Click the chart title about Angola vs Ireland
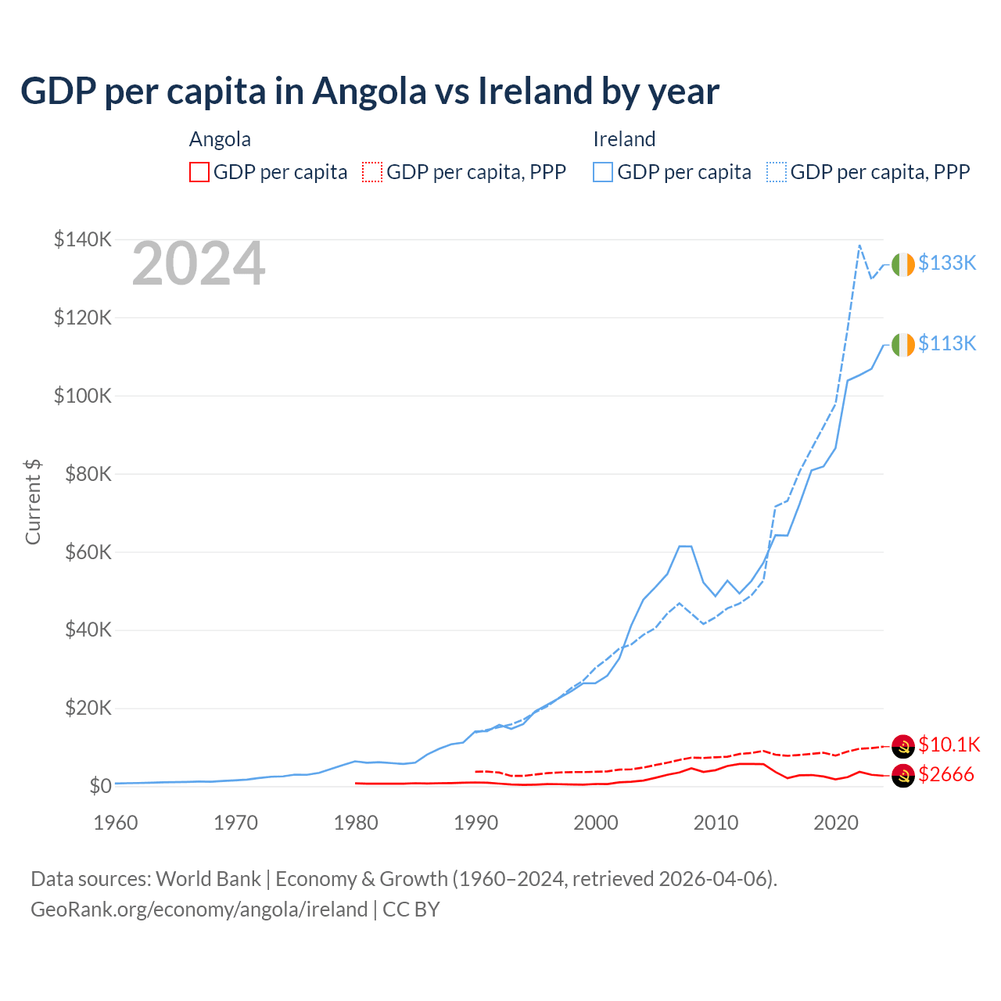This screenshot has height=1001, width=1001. pos(370,91)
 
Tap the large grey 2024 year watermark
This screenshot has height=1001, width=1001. pos(199,264)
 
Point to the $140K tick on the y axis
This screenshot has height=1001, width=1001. pos(82,239)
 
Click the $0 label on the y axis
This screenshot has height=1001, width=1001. pos(100,786)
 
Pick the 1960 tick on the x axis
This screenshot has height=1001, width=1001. pos(116,823)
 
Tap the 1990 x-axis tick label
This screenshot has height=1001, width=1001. pos(475,823)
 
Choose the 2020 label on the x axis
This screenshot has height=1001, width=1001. pos(836,823)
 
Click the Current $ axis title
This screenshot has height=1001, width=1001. pos(33,502)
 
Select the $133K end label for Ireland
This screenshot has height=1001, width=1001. pos(947,264)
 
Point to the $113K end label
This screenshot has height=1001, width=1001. pos(947,343)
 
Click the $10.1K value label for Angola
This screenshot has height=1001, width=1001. pos(949,744)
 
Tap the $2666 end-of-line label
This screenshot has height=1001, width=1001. pos(946,775)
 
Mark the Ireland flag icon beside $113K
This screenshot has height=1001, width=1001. pos(903,344)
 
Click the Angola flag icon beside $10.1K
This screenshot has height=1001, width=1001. pos(903,746)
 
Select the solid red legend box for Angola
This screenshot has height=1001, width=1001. pos(199,172)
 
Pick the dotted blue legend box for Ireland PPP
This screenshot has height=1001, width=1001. pos(777,172)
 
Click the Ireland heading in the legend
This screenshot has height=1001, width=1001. pos(624,139)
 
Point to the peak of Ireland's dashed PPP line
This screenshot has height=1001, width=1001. pos(859,246)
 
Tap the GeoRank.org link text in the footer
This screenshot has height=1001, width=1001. pos(199,910)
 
